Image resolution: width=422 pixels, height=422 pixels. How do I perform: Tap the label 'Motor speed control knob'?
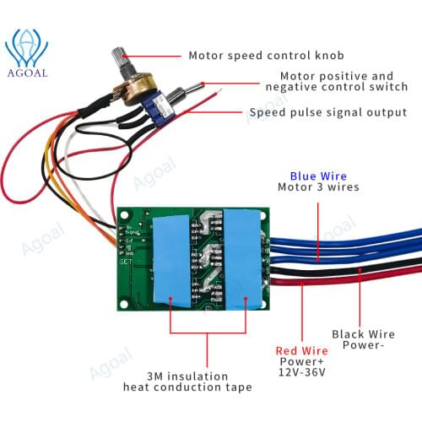pos(267,56)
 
